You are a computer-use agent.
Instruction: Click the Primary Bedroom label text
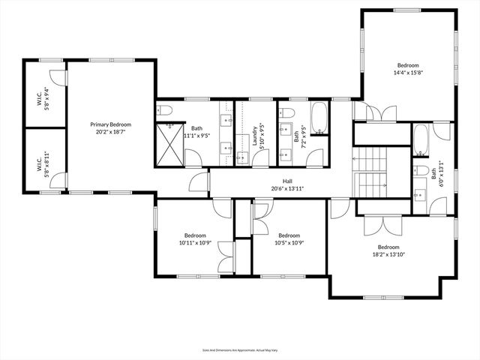click(x=110, y=128)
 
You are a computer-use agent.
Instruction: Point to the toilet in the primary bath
click(x=165, y=111)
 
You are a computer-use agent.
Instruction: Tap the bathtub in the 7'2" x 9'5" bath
click(x=319, y=117)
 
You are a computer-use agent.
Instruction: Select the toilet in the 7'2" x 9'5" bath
click(x=286, y=112)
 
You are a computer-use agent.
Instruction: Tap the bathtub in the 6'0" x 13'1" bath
click(x=421, y=139)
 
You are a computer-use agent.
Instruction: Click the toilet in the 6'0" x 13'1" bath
click(x=421, y=170)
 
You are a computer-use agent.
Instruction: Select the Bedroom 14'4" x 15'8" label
click(x=409, y=69)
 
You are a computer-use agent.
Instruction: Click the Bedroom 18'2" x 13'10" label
click(x=388, y=251)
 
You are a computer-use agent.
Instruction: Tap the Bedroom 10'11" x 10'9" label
click(x=195, y=238)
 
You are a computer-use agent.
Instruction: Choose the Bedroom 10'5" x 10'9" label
click(x=289, y=238)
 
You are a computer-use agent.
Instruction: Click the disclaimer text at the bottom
click(x=239, y=349)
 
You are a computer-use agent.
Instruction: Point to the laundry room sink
click(x=242, y=157)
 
